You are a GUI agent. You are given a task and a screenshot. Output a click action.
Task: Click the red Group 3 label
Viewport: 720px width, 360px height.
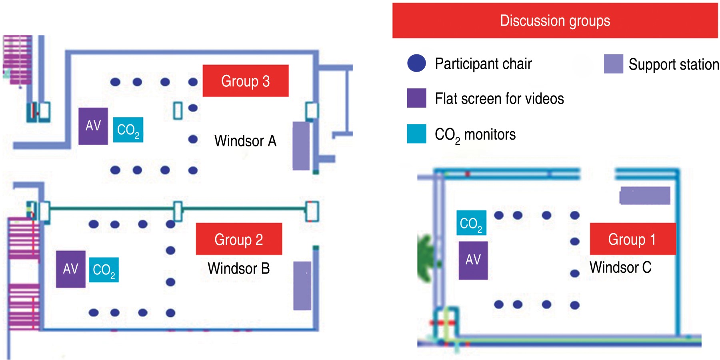(246, 81)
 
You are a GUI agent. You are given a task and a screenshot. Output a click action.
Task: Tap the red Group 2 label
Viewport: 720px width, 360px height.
(239, 239)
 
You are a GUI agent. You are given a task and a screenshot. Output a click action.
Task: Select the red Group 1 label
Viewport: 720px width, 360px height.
(632, 239)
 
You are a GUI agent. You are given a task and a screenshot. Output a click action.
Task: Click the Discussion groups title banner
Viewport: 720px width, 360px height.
(555, 21)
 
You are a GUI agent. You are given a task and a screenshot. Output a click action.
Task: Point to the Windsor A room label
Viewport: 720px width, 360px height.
(245, 141)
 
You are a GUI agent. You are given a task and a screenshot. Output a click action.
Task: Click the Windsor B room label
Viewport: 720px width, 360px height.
(239, 268)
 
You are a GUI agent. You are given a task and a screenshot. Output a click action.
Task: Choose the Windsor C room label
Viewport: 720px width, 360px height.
(620, 267)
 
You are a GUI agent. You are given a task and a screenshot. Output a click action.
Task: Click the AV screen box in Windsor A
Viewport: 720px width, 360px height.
(93, 126)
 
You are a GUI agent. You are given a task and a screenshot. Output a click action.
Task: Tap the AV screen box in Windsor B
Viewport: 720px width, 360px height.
(71, 269)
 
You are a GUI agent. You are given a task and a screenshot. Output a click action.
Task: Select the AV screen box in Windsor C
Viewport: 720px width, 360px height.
(473, 260)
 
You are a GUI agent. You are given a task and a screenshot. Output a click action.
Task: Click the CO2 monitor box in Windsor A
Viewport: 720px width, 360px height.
(128, 130)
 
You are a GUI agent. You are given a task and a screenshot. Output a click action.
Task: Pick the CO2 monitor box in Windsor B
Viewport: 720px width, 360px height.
(104, 270)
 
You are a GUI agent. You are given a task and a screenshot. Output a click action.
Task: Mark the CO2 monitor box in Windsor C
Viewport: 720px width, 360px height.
(471, 223)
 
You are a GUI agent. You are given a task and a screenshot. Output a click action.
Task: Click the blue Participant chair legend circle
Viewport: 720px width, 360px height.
(416, 64)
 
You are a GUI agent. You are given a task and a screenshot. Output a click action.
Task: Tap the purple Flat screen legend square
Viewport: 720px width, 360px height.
(416, 98)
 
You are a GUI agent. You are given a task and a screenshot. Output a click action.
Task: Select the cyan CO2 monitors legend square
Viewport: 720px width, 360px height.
(416, 134)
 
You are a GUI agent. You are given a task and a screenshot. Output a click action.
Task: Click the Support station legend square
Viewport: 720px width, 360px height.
(613, 64)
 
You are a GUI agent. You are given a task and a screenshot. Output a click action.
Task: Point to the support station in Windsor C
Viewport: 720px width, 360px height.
(645, 196)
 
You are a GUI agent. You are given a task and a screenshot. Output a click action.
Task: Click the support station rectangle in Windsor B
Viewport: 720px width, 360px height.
(302, 286)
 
